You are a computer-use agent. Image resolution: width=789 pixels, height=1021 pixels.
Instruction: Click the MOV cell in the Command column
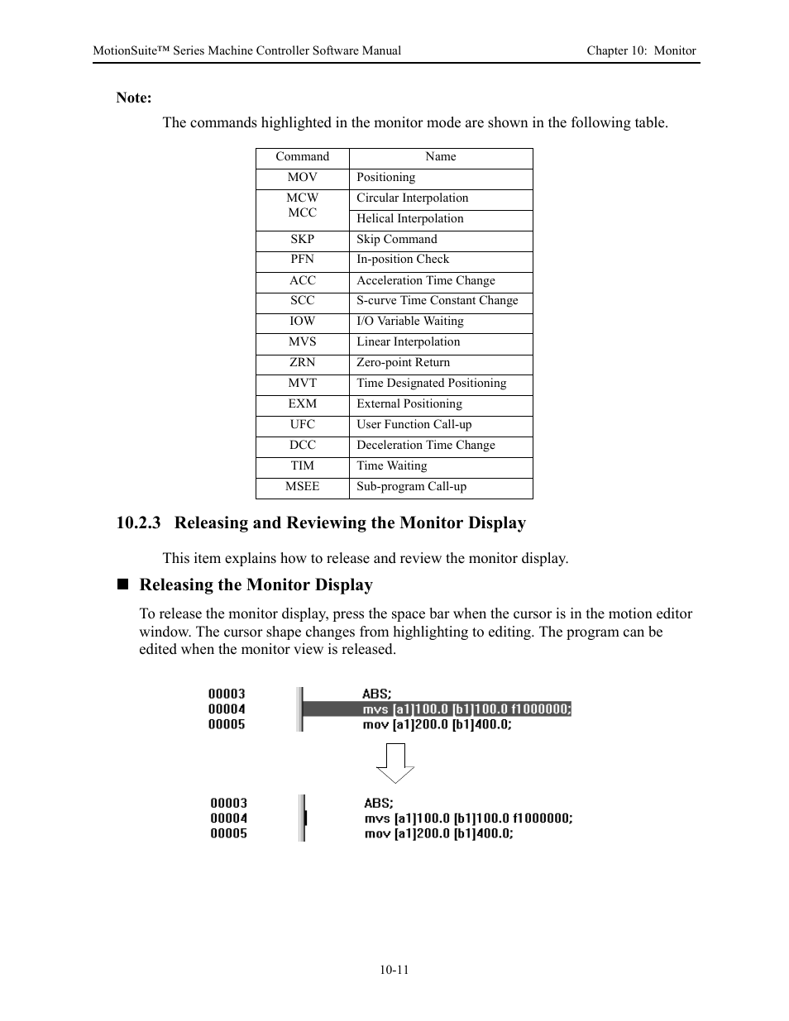click(302, 177)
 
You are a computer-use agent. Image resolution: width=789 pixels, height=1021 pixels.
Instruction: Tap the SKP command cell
click(302, 239)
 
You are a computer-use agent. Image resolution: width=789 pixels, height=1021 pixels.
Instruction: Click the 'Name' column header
click(440, 156)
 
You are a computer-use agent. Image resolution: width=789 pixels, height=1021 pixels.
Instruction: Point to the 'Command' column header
click(302, 156)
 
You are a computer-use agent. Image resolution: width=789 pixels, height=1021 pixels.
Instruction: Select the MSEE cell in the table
click(302, 486)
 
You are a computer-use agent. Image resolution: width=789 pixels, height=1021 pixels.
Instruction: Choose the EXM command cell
click(302, 403)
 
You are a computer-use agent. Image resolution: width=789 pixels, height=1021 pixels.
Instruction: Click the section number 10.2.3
click(138, 522)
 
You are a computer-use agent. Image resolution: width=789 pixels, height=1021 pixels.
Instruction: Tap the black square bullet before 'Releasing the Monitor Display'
click(123, 584)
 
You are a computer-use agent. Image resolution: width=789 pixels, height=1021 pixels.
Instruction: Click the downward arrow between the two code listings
click(395, 762)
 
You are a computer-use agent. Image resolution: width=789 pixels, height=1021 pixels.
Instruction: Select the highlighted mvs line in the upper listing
click(466, 709)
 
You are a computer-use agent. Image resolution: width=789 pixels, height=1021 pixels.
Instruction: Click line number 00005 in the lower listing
click(228, 833)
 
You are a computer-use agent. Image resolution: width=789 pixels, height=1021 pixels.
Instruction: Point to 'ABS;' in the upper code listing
click(377, 694)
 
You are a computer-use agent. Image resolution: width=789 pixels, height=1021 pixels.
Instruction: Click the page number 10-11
click(394, 970)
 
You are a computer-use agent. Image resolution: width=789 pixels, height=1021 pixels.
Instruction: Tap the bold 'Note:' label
click(134, 98)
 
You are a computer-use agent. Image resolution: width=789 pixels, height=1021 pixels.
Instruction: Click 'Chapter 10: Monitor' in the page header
click(641, 50)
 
